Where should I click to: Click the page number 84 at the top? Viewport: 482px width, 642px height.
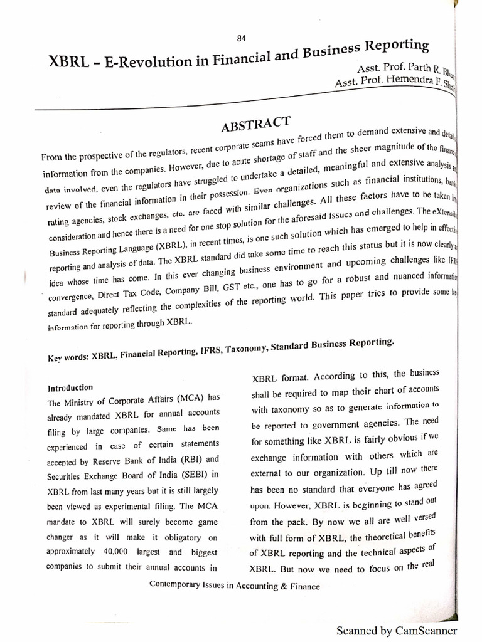[x=241, y=38]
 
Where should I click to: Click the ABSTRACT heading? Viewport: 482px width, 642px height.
[x=256, y=124]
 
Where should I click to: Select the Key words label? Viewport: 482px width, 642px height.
[x=68, y=358]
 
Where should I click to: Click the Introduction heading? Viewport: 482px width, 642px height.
[x=70, y=387]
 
